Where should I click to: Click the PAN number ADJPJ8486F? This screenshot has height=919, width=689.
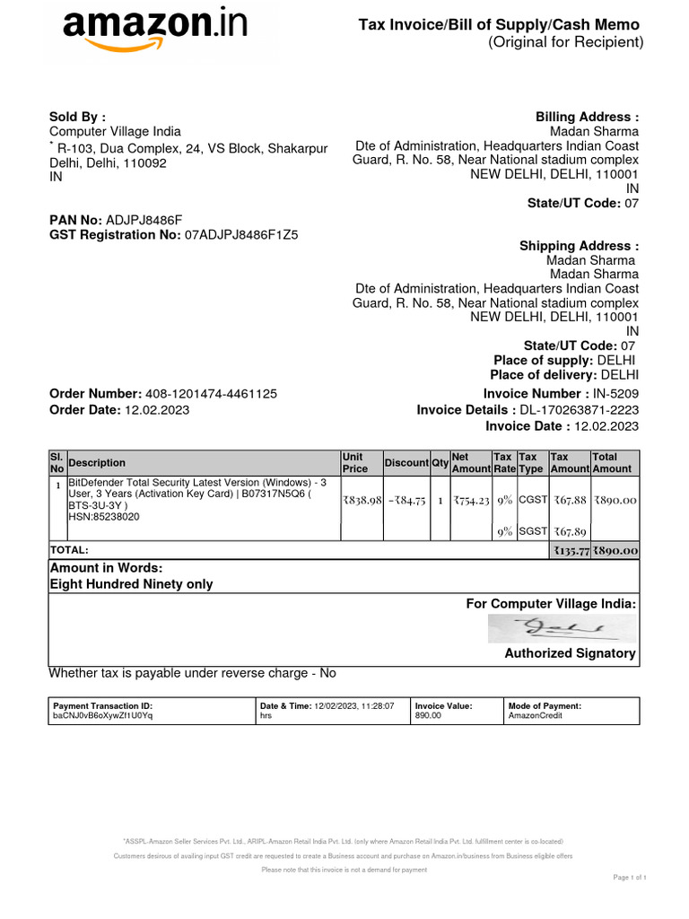pyautogui.click(x=144, y=219)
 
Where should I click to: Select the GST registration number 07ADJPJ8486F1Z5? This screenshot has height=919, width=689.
pyautogui.click(x=241, y=235)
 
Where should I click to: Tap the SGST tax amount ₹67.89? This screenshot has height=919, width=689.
pyautogui.click(x=570, y=531)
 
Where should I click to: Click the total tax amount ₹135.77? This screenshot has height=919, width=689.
pyautogui.click(x=570, y=551)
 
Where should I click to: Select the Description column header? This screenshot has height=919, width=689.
pyautogui.click(x=97, y=463)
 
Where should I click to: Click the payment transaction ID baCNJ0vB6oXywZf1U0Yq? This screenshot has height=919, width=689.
pyautogui.click(x=104, y=716)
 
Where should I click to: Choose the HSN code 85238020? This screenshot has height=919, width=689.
pyautogui.click(x=104, y=517)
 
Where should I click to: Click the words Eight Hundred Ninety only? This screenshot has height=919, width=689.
pyautogui.click(x=131, y=584)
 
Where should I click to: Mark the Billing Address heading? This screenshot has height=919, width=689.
pyautogui.click(x=587, y=118)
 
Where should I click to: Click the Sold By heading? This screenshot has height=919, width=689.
pyautogui.click(x=77, y=117)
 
